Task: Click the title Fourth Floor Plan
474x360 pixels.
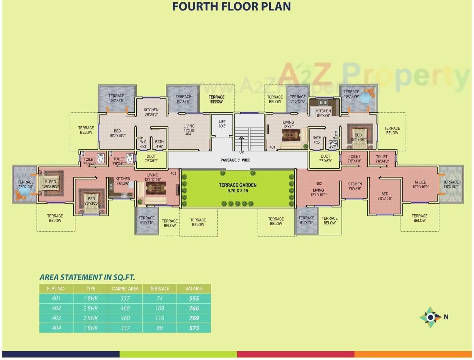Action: coord(231,7)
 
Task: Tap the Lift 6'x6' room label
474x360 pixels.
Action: coord(222,124)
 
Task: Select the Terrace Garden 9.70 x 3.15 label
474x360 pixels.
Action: coord(238,188)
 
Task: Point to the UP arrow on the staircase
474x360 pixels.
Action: coord(242,144)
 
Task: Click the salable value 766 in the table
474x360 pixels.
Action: coord(194,308)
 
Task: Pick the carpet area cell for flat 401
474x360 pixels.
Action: coord(125,298)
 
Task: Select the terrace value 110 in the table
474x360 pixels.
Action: coord(159,318)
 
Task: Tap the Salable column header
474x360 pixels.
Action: coord(194,289)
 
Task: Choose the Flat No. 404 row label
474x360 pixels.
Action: coord(56,328)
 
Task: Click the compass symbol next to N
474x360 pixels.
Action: coord(430,317)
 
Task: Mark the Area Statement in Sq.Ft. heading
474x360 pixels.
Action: coord(87,277)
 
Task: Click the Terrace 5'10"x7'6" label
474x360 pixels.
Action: coord(298,99)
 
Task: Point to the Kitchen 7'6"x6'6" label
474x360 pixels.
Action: coord(123,181)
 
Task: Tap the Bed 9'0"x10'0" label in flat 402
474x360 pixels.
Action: coord(384,197)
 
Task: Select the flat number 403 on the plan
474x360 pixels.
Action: coord(173,173)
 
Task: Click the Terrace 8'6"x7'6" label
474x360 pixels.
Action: coord(183,99)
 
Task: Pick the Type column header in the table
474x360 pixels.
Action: coord(90,289)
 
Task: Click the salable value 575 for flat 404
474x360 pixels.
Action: coord(194,328)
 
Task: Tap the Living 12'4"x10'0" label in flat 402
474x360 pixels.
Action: coord(318,192)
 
